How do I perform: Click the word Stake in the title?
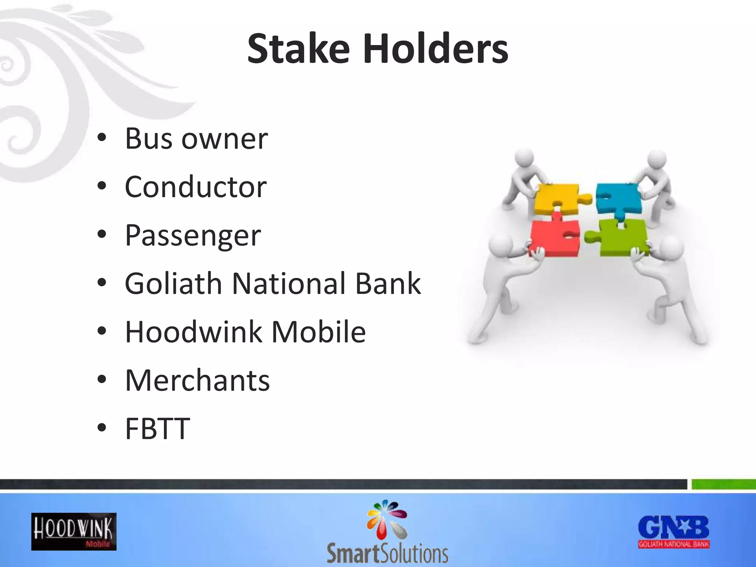click(298, 49)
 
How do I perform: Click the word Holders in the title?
click(436, 49)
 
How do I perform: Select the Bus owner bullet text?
click(196, 139)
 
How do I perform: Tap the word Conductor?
click(196, 187)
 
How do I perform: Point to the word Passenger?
click(193, 236)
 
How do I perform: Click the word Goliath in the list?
click(173, 283)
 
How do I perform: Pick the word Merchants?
click(197, 380)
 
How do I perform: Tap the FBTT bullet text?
click(158, 429)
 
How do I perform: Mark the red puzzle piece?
click(554, 238)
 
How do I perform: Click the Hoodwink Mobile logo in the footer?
click(74, 532)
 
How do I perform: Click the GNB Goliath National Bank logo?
click(674, 532)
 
